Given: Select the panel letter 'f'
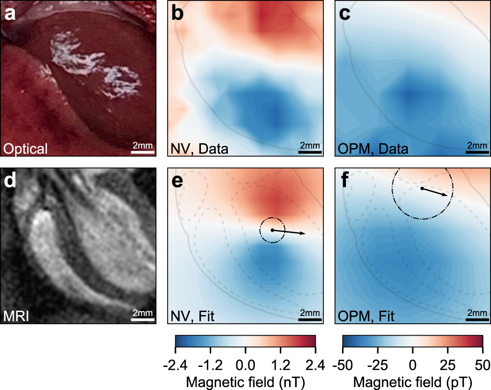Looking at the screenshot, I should [346, 181].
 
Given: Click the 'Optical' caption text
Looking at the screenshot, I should [25, 148].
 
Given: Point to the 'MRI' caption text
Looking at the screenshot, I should [18, 315].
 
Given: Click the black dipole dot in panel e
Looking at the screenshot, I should [272, 230].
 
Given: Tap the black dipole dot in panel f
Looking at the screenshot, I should [421, 188].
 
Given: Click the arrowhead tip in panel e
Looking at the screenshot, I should [305, 234].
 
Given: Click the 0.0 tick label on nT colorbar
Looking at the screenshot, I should [245, 364].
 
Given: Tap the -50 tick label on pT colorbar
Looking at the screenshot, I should [343, 364].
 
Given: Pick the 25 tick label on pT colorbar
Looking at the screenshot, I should [448, 364].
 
